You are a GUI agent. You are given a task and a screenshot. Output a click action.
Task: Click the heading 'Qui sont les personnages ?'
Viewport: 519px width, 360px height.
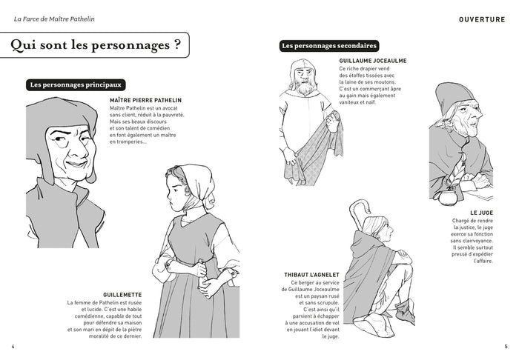(97, 46)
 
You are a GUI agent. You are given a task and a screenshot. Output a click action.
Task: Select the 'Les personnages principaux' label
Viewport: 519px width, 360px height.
(77, 84)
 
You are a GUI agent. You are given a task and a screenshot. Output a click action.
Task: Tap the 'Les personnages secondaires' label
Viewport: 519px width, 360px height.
(329, 46)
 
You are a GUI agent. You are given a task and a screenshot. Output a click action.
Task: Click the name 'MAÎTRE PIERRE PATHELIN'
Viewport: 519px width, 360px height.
(145, 99)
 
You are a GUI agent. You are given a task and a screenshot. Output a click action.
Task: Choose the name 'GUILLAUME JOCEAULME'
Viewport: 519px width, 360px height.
(372, 61)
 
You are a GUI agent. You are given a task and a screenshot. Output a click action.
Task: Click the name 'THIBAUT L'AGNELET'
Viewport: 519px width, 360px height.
(310, 274)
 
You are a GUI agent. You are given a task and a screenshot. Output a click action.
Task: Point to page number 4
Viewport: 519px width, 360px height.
(13, 346)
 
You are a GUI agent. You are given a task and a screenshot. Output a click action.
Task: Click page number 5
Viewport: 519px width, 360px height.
(506, 346)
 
